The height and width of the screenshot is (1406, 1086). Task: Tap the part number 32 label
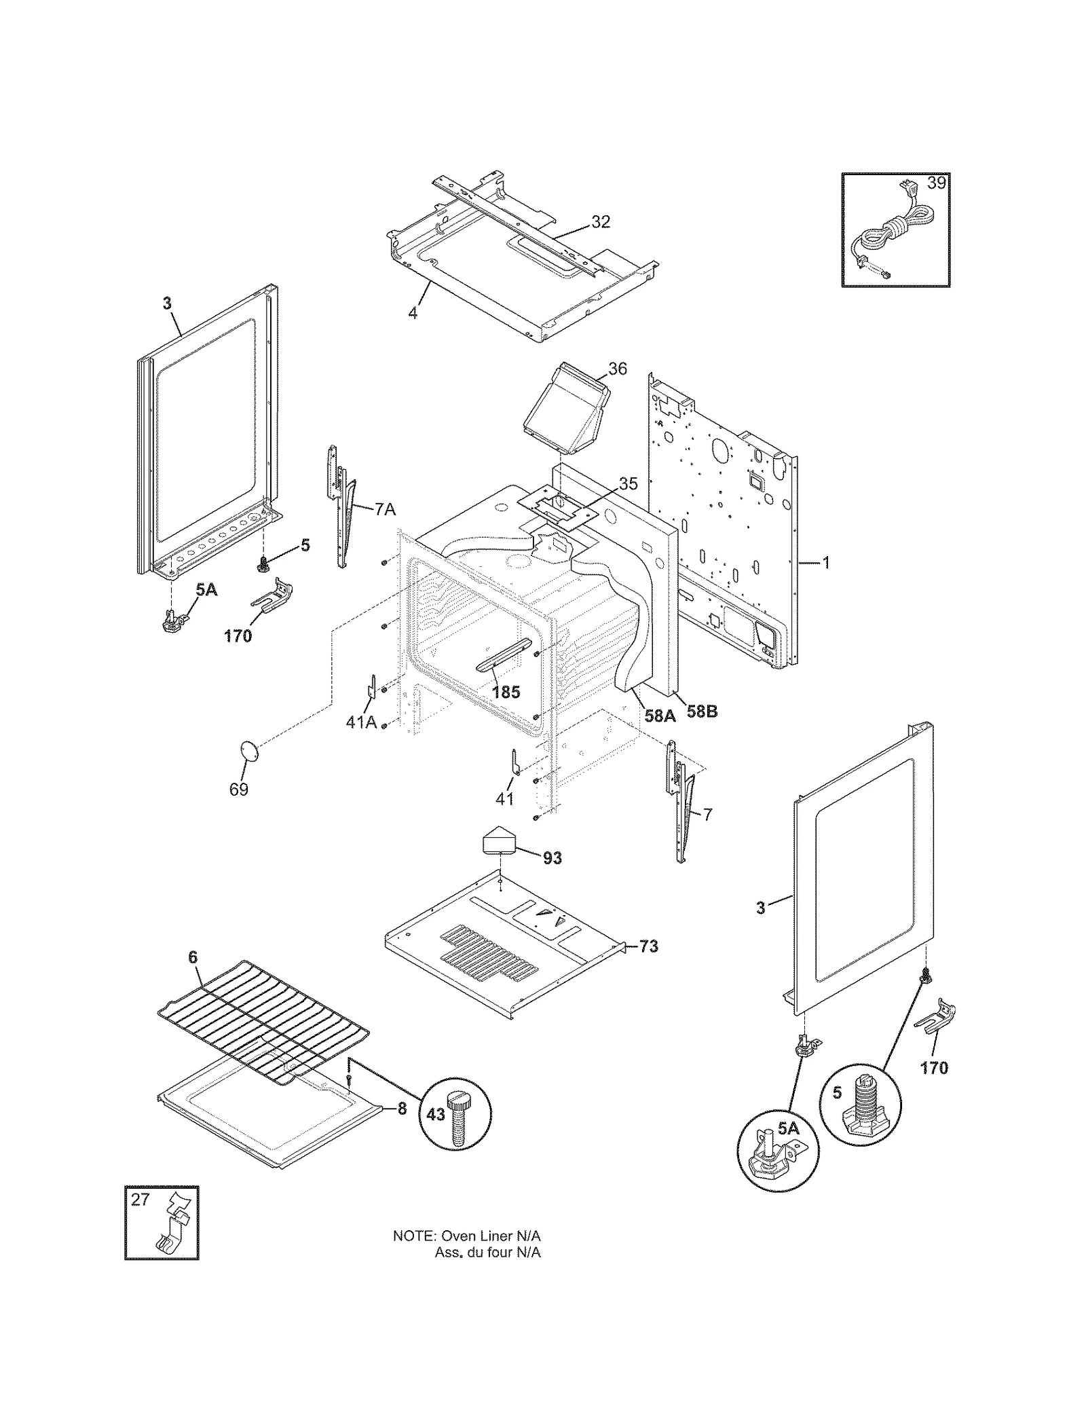point(600,222)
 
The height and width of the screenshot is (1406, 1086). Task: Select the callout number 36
point(617,369)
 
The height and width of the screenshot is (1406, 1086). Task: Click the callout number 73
point(649,946)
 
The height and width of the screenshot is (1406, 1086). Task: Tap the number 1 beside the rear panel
point(826,563)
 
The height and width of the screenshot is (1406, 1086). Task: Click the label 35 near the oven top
point(628,484)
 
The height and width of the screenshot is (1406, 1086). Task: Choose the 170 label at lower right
point(934,1068)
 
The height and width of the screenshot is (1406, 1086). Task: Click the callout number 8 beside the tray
point(402,1109)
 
